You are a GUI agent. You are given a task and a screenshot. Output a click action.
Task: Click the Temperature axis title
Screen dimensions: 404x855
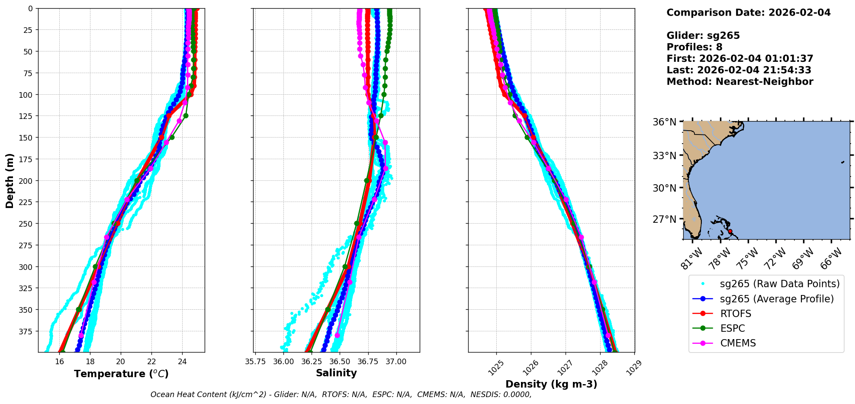121,374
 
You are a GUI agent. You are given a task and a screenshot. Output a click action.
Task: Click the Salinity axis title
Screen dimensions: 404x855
336,373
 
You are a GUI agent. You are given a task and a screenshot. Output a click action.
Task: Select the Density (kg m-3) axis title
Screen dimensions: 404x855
551,384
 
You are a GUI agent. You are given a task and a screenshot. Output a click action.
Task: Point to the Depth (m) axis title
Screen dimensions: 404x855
10,180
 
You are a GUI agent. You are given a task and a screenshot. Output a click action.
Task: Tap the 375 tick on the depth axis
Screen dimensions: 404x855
26,331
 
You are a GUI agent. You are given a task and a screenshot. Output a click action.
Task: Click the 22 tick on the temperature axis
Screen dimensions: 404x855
151,362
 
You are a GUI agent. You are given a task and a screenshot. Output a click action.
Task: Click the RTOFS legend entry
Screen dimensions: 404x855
736,314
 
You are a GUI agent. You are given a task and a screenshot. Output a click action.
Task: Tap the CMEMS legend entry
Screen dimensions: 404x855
738,343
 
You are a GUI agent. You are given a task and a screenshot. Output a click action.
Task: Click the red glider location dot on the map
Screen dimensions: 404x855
730,231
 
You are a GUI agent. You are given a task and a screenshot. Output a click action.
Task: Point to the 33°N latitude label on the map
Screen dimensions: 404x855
664,155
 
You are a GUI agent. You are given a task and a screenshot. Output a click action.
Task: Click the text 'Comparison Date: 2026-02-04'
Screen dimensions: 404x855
748,13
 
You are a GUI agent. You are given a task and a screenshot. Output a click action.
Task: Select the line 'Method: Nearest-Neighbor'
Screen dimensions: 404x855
739,82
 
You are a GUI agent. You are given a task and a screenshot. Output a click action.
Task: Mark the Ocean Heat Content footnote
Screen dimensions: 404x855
341,394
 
